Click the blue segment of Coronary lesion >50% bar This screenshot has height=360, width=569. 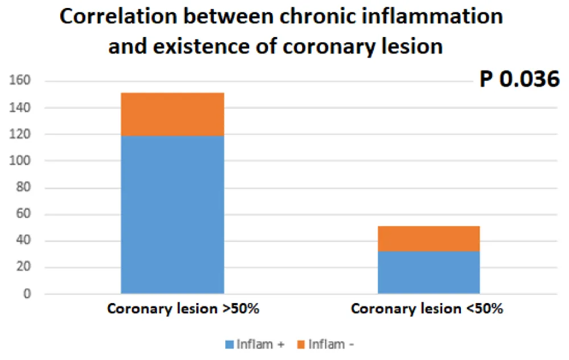coord(172,215)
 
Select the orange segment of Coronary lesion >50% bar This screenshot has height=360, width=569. coord(172,114)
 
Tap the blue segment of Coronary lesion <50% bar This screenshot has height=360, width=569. coord(428,272)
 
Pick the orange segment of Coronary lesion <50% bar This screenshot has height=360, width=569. coord(428,238)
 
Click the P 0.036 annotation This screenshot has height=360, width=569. coord(519,80)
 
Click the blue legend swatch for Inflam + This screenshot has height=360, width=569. coord(231,344)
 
